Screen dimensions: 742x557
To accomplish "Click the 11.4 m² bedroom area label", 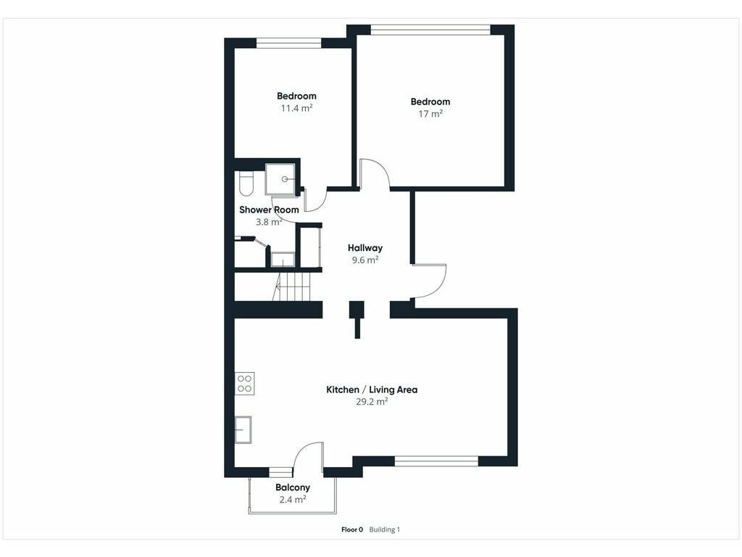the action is click(x=296, y=109).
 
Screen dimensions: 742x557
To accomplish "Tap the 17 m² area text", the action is click(x=430, y=114).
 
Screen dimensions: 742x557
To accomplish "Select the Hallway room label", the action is click(x=365, y=248).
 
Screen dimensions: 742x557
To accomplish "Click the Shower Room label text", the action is click(x=269, y=210).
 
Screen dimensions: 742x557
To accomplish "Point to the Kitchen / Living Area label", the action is click(x=372, y=389).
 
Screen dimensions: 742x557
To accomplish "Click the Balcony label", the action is click(x=293, y=487).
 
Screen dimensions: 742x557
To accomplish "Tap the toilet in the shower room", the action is click(x=246, y=183).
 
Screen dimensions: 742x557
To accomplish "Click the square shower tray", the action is click(x=281, y=178).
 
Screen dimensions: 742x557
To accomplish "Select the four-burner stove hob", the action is click(x=245, y=384).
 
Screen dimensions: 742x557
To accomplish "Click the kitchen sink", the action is click(x=243, y=429).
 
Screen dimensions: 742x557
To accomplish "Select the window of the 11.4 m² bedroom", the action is click(x=288, y=43).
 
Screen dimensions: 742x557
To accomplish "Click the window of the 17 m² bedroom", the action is click(x=430, y=30).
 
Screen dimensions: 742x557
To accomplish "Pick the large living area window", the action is click(x=436, y=461).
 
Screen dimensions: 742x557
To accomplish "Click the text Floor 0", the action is click(x=352, y=529).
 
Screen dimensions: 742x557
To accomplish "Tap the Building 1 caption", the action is click(x=384, y=529).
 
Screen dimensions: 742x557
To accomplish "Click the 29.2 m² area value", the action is click(x=372, y=402).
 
